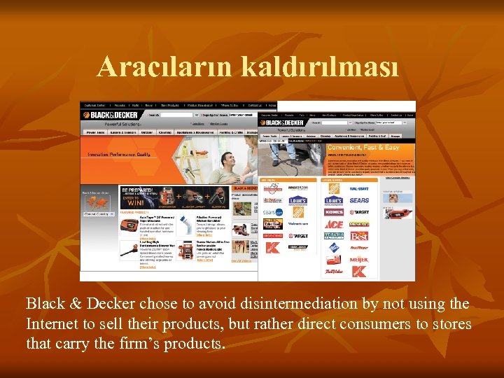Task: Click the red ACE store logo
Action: [x=333, y=224]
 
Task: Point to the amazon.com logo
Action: [x=298, y=188]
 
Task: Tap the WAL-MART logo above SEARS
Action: [x=359, y=189]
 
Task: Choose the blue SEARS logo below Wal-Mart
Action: [x=359, y=200]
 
